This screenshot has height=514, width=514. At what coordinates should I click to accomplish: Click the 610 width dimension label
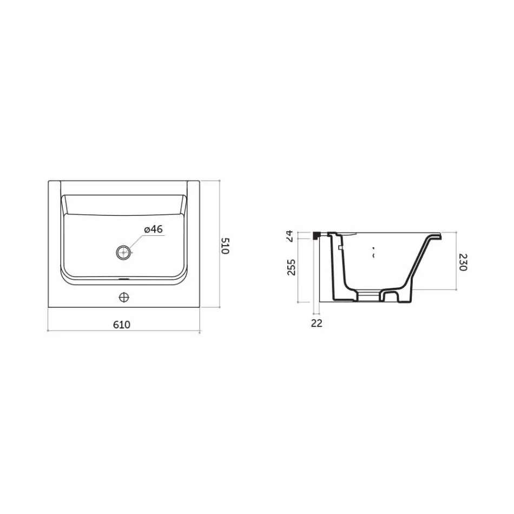coord(122,325)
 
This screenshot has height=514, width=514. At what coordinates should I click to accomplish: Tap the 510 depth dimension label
coord(226,246)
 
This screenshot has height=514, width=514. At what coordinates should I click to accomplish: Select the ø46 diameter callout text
coord(153,229)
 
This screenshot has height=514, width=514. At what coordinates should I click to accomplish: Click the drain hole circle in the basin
coord(124,252)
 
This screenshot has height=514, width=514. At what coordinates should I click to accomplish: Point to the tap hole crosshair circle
coord(124,296)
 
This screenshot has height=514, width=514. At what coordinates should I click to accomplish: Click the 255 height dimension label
coord(291,267)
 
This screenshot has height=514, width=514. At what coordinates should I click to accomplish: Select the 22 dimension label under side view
coord(317,323)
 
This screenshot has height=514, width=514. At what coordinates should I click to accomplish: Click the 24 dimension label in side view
coord(289,235)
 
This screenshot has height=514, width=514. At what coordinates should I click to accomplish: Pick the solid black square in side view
coord(317,235)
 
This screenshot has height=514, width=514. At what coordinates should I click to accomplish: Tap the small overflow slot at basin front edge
coord(124,280)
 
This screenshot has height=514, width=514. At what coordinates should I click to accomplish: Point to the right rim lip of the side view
coord(434,236)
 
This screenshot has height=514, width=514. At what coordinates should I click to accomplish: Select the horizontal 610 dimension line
coord(124,331)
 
